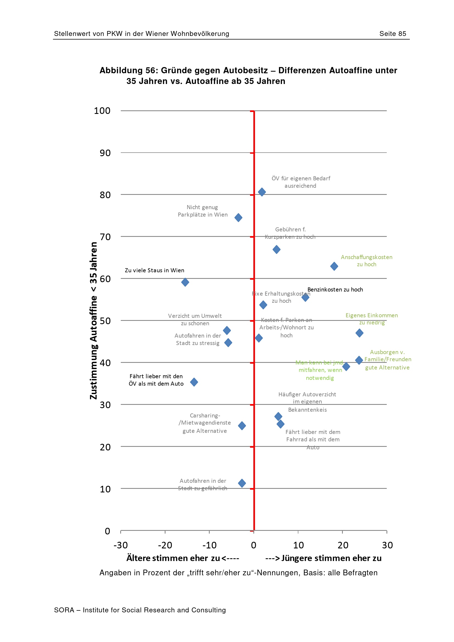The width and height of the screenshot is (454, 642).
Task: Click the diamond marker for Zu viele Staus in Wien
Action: pos(185,282)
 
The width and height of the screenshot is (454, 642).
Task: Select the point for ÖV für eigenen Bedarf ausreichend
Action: pos(262,192)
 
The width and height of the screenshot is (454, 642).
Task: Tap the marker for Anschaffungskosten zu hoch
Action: pos(334,266)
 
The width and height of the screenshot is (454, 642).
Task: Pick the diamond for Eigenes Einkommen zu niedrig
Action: pos(360,333)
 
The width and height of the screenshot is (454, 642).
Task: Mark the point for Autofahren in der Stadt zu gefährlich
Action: pos(242,483)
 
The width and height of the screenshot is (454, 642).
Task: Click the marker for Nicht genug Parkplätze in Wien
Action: pos(238,218)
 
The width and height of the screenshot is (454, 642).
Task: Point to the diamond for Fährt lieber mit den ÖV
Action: pos(194,382)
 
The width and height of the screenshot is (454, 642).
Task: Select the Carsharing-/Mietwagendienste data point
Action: pos(242,426)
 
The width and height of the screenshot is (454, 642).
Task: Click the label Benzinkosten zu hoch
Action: pos(335,290)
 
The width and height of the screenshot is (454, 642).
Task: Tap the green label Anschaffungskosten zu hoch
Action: pos(366,260)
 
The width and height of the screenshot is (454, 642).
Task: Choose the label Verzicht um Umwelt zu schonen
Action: pos(195,319)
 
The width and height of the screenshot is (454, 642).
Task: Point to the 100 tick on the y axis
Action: pos(102,111)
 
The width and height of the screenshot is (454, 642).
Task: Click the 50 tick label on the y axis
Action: pos(105,321)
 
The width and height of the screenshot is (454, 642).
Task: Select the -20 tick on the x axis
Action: pos(165,545)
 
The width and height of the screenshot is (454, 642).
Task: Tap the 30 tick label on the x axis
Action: pos(387,545)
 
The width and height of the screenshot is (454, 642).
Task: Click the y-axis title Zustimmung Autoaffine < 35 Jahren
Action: pos(93,320)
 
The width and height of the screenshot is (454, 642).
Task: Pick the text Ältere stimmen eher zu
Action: pos(173,558)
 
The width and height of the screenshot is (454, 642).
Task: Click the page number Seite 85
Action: pos(393,34)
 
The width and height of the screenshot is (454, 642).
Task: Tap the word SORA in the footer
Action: pos(64,610)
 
